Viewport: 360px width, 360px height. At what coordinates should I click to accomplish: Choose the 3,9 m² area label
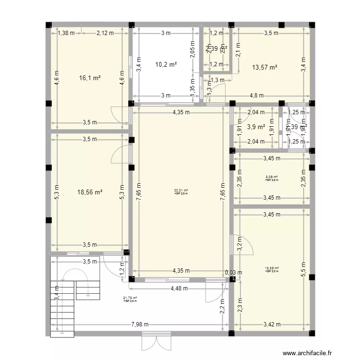256,127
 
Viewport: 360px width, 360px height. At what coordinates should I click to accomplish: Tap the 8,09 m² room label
272,178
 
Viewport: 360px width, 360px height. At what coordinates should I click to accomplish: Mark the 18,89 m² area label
272,269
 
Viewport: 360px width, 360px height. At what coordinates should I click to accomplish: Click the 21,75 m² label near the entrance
130,299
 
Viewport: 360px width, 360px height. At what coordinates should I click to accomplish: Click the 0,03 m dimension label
233,273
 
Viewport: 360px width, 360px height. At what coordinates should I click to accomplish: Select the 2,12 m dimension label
105,33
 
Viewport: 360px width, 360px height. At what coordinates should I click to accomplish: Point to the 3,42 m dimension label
272,324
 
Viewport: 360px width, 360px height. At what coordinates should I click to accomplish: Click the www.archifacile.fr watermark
308,353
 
